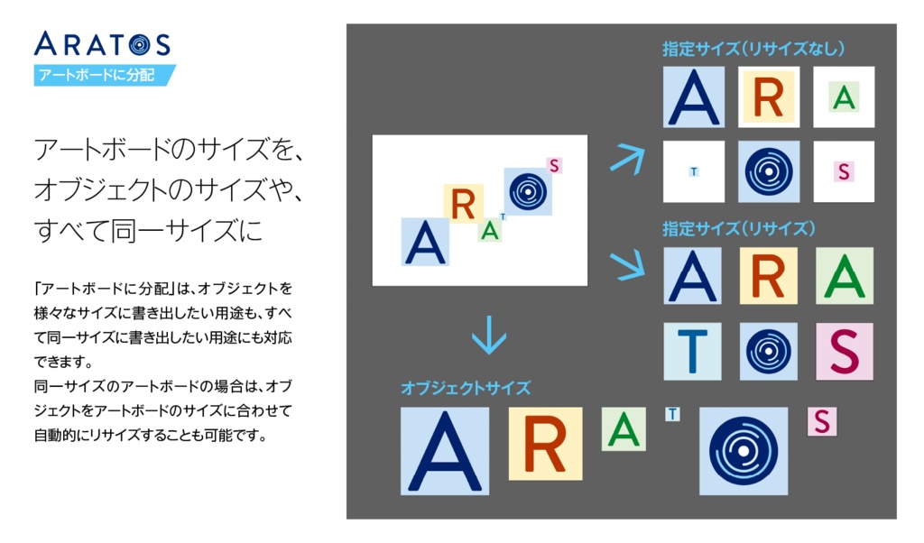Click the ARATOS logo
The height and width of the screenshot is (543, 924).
point(102,42)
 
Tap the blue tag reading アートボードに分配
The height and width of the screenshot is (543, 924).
point(104,75)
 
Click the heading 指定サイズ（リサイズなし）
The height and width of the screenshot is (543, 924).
point(753,50)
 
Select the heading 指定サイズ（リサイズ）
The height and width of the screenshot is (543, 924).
point(739,228)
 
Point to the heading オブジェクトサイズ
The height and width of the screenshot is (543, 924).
point(466,388)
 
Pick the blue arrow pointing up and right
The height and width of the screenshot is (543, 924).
point(628,157)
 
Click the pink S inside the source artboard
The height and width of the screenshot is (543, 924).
point(554,165)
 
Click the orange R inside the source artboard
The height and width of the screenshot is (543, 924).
point(463,205)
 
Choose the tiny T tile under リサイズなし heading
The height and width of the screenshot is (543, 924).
point(693,171)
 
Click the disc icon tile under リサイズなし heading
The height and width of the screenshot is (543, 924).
point(768,171)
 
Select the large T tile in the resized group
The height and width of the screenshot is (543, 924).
point(693,351)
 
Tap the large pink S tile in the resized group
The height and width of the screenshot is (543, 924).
point(844,351)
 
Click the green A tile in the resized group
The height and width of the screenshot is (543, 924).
point(844,276)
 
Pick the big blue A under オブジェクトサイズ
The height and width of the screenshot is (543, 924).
point(445,451)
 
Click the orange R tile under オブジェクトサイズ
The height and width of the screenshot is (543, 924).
point(545,443)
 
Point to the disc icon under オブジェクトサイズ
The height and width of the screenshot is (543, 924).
point(744,450)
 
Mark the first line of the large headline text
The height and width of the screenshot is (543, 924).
point(168,150)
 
